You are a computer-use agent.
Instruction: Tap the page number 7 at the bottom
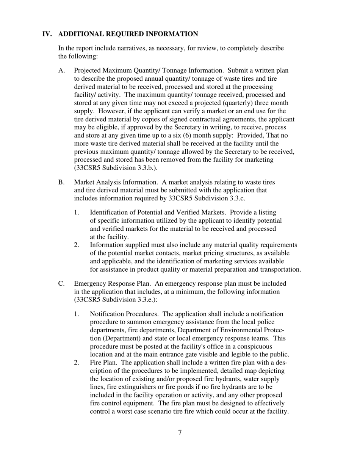pos(180,433)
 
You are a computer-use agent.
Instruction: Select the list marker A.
pos(62,70)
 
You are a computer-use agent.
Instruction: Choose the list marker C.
pos(62,283)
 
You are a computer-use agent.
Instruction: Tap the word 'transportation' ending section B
pos(279,269)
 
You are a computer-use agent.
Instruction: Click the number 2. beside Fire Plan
pos(77,363)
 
